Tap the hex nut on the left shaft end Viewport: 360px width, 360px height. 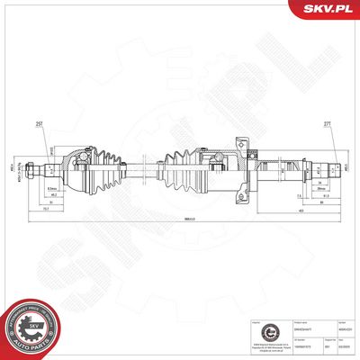[31, 167]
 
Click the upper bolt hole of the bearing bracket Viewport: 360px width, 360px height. [241, 143]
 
